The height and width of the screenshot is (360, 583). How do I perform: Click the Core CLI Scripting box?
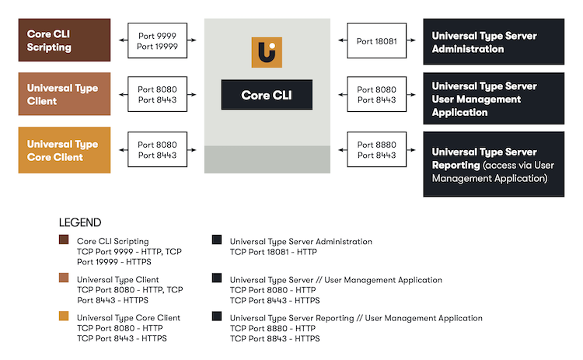click(65, 40)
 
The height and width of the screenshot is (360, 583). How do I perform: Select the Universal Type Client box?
click(65, 94)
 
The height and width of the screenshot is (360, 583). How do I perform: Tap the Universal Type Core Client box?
click(65, 150)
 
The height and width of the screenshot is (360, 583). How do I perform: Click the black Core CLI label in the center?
click(267, 95)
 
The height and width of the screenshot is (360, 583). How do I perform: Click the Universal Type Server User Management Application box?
click(494, 99)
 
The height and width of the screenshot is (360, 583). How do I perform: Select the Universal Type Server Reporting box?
click(494, 164)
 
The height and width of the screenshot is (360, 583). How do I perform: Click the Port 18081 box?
click(376, 41)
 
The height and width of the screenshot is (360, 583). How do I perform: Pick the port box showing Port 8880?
click(376, 150)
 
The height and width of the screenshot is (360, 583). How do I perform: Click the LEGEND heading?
click(80, 223)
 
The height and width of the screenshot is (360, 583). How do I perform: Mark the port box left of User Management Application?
click(376, 95)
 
